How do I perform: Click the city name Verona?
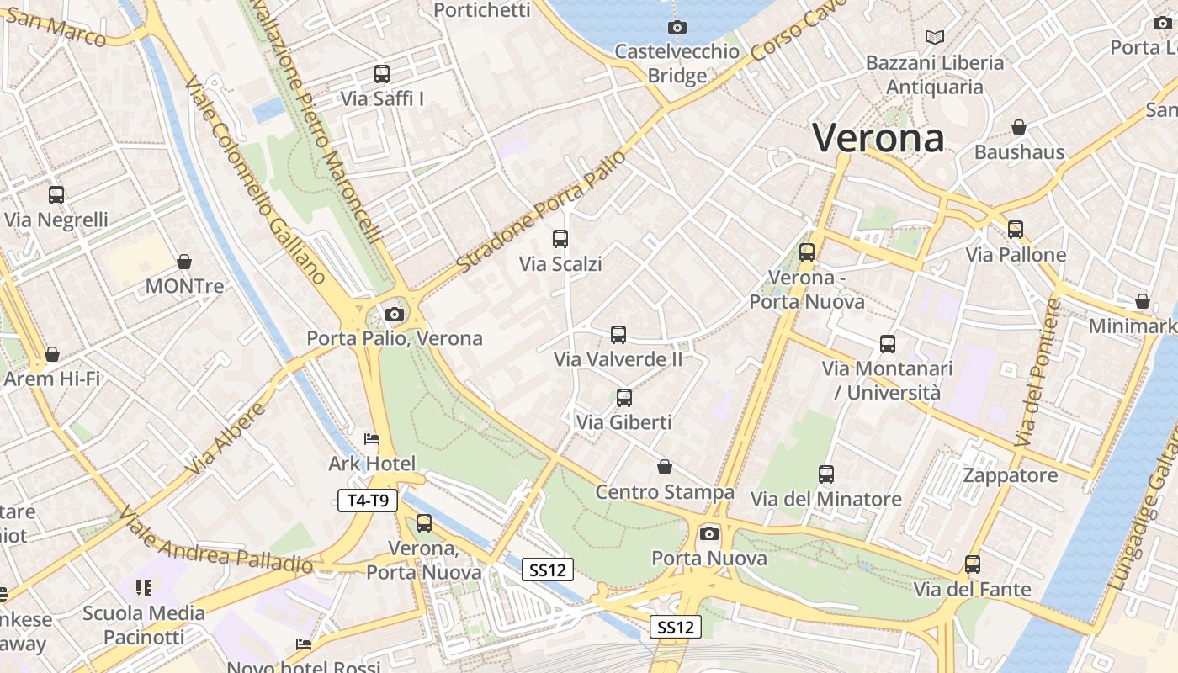pos(878,138)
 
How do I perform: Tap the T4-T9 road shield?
pos(368,501)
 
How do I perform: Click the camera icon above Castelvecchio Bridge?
pos(677,27)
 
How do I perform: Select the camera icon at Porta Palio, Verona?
pos(394,315)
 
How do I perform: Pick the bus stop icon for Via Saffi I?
pos(382,74)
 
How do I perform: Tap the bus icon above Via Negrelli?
pos(56,195)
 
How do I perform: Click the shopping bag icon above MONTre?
pos(184,262)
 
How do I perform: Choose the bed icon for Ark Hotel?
pos(372,439)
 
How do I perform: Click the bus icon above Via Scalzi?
pos(560,239)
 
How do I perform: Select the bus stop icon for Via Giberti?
pos(623,398)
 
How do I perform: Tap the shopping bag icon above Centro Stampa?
pos(665,467)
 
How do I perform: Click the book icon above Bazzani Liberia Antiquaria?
pos(934,37)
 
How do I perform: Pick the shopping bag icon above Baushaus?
pos(1019,128)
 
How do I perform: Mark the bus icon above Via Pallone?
pos(1016,230)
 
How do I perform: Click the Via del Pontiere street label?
pos(1038,373)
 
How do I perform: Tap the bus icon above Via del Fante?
pos(973,564)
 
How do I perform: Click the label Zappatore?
pos(1011,475)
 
